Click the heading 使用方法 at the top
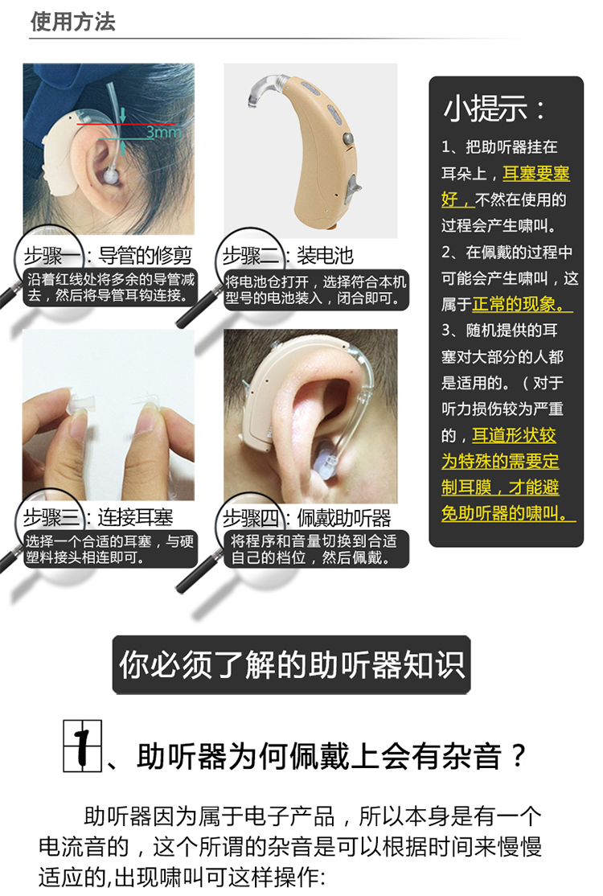click(x=73, y=22)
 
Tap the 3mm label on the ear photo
click(x=163, y=133)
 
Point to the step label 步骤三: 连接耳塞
click(x=98, y=516)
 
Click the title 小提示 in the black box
click(x=495, y=109)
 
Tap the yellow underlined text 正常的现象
click(x=523, y=304)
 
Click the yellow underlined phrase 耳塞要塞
click(x=535, y=173)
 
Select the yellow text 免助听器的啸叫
click(x=508, y=512)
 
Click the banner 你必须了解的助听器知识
click(x=292, y=665)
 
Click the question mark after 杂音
click(x=519, y=756)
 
